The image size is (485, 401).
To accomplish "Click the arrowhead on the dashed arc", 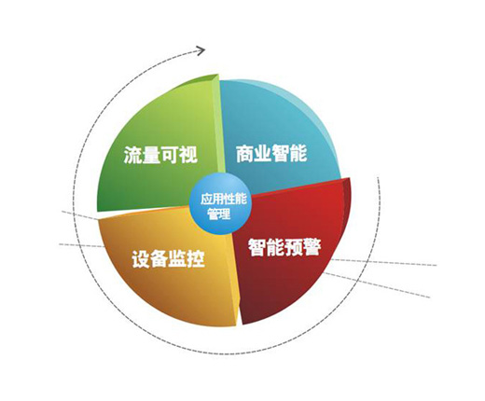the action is pos(201,50).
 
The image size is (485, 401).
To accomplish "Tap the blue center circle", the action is pos(220,204).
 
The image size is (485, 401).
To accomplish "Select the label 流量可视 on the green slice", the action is pos(160,154).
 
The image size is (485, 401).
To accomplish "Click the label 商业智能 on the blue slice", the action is pos(271,153).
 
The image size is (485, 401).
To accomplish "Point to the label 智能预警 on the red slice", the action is pos(284,248).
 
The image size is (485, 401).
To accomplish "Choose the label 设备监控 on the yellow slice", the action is pos(168,259).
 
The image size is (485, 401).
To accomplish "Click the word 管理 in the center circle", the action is pos(220,214).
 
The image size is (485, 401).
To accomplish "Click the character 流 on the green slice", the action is pos(133,154).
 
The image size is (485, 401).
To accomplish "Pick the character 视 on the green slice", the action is pos(188,154).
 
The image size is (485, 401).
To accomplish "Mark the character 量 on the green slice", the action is pos(151,154).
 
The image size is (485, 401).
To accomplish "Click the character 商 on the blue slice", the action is pos(244,153).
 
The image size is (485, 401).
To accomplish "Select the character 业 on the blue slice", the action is pos(263,153).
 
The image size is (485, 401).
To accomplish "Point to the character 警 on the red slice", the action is pos(312,248).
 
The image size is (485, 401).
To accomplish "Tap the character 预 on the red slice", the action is pos(294,248).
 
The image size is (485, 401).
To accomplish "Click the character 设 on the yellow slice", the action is pos(141,259).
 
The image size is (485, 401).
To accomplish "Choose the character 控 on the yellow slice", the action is pos(196,259).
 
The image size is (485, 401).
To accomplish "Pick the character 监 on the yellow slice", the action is pos(177,259).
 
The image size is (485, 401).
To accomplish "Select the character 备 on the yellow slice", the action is pos(159,259).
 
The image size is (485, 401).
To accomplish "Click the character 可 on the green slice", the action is pos(170,154).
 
